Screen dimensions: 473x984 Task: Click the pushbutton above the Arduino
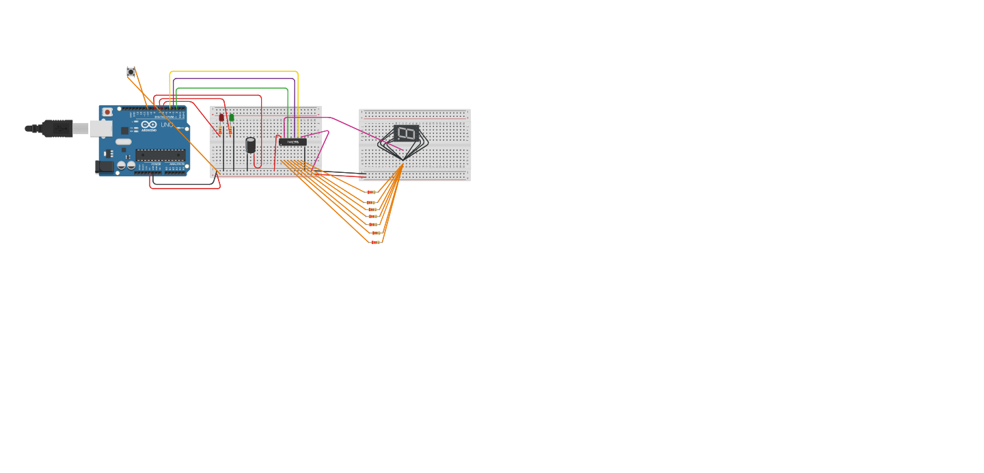tap(131, 72)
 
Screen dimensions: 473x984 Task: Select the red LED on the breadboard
tap(221, 118)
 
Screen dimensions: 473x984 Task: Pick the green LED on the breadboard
tap(232, 118)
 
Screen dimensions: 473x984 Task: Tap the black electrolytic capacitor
tap(251, 144)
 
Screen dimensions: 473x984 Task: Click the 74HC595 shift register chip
tap(292, 142)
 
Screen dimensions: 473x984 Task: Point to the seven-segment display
tap(406, 133)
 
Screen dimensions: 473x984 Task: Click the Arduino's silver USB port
tap(100, 129)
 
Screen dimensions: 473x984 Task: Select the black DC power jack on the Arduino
tap(105, 166)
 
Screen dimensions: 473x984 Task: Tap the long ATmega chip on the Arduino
tap(161, 155)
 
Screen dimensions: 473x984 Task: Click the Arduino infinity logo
tap(150, 125)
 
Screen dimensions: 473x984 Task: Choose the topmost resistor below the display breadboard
tap(371, 192)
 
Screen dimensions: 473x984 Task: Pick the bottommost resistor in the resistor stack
tap(375, 242)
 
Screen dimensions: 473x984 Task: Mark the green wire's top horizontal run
tap(232, 88)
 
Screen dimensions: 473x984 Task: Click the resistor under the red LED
tap(220, 131)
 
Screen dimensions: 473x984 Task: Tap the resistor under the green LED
tap(230, 131)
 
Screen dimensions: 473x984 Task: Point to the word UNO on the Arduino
tap(167, 124)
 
